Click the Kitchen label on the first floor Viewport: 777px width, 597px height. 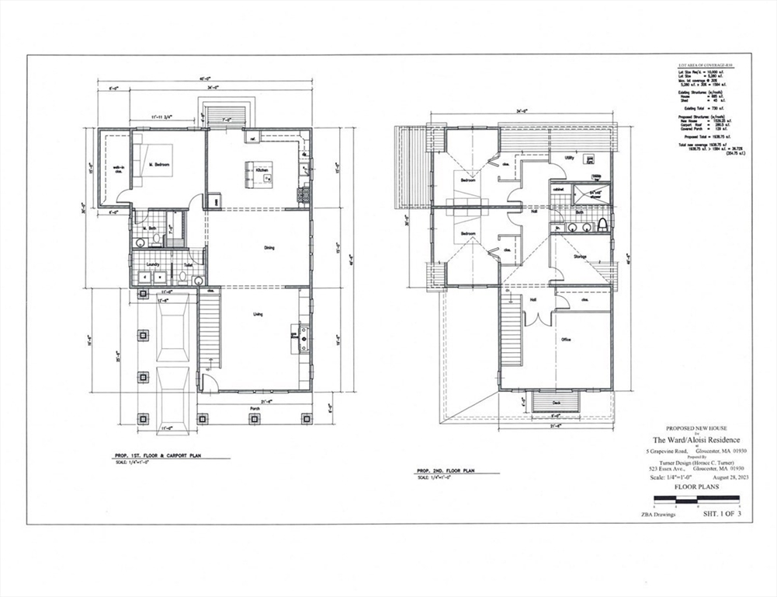click(x=262, y=170)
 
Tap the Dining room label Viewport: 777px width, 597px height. click(x=269, y=248)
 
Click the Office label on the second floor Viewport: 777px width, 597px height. click(x=566, y=340)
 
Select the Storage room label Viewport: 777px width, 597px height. click(x=580, y=257)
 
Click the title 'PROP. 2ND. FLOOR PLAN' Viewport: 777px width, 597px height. click(x=446, y=471)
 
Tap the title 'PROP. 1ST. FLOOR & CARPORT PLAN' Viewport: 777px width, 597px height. click(x=158, y=455)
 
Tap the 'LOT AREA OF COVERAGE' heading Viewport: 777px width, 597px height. click(x=705, y=65)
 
